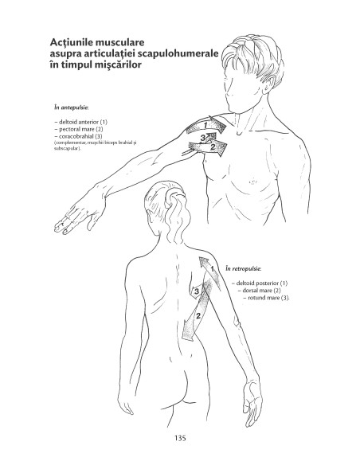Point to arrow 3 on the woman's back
pos(197,292)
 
